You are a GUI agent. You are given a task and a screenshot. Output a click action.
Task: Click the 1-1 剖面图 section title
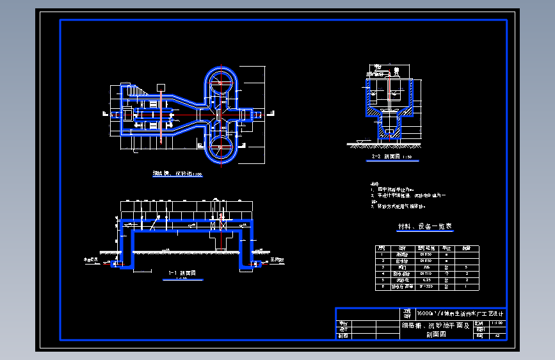tap(182, 273)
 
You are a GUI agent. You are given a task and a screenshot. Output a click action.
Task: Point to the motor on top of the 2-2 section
tap(397, 70)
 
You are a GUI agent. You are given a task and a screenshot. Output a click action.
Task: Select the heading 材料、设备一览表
tap(425, 227)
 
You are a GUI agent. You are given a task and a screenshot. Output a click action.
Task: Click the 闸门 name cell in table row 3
tap(402, 267)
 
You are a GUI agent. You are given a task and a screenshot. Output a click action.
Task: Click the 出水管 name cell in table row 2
tap(402, 261)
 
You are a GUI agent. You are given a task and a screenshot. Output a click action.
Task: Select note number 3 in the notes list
tap(372, 206)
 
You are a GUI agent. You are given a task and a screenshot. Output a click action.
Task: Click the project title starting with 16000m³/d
tap(460, 314)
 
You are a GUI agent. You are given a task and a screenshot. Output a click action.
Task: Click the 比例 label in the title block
tap(480, 324)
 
